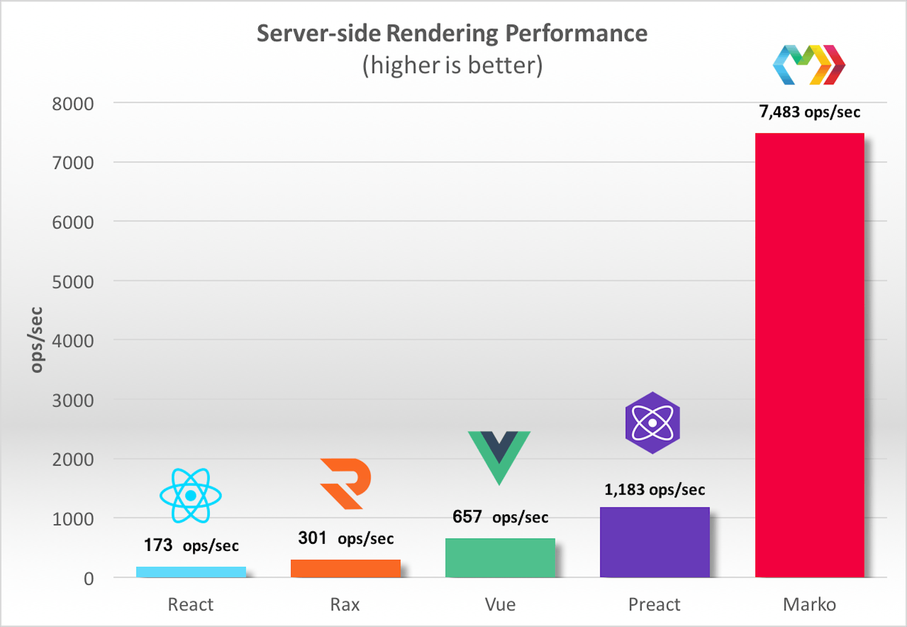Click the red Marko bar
click(x=809, y=355)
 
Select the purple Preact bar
click(x=654, y=542)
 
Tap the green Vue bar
click(x=500, y=557)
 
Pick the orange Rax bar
click(x=345, y=568)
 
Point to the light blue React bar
click(x=191, y=572)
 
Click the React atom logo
click(x=190, y=495)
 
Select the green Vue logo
click(x=499, y=457)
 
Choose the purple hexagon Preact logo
click(x=652, y=423)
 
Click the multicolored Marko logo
click(x=809, y=65)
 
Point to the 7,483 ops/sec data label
click(x=809, y=112)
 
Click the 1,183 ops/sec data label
click(x=654, y=489)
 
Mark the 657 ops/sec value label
click(x=500, y=517)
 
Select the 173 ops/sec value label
click(x=191, y=545)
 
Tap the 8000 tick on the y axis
click(x=73, y=104)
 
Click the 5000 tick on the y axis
click(x=73, y=282)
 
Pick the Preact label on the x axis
click(x=654, y=604)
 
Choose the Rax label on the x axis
click(x=345, y=604)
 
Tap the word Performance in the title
click(x=576, y=33)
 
